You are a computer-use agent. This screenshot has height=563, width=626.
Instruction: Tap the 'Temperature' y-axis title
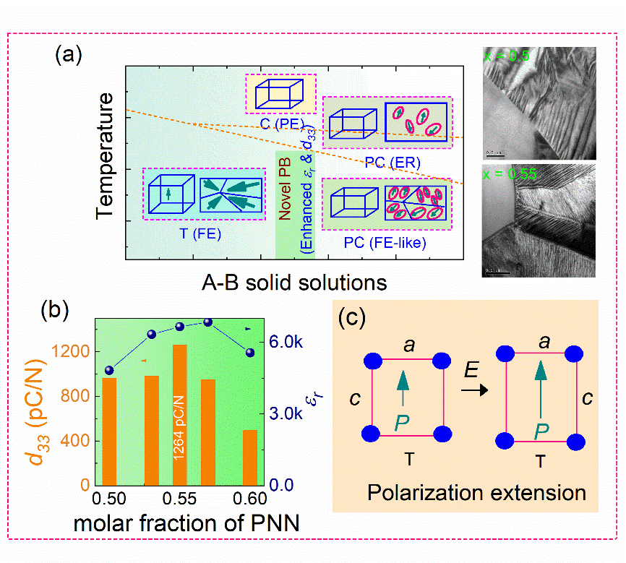coord(107,155)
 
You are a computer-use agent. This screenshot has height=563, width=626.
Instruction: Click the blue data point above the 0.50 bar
coord(110,370)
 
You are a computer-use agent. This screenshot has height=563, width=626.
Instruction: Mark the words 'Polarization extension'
coord(476,494)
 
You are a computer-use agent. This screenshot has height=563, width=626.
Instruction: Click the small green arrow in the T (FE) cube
coord(168,194)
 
